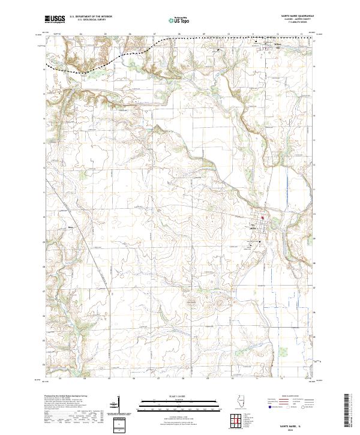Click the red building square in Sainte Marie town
(262, 218)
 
